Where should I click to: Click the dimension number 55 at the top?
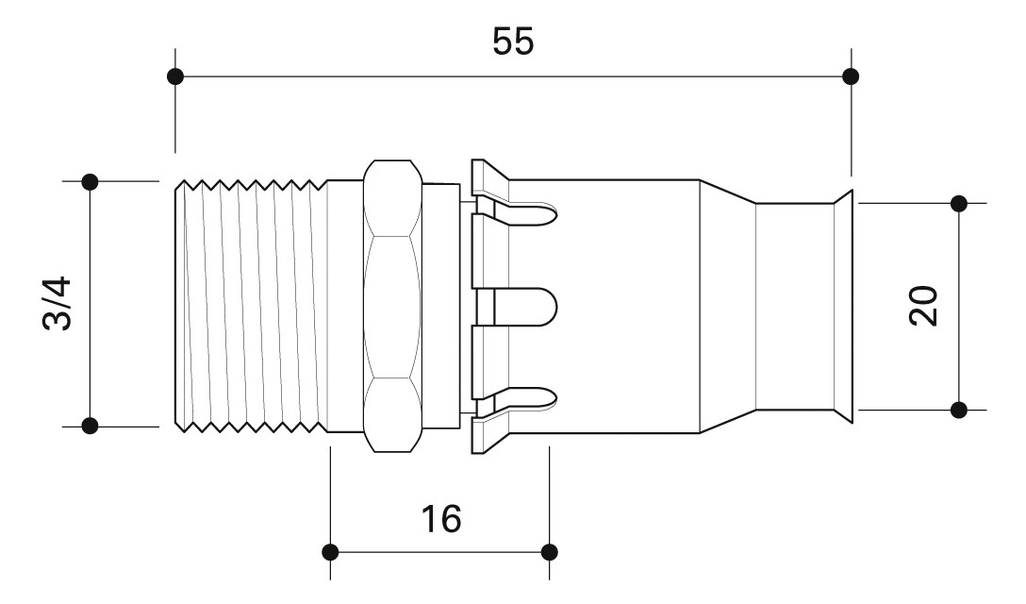(512, 41)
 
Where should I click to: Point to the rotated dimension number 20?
(925, 305)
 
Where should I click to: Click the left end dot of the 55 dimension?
(174, 75)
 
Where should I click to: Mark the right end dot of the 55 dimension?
(851, 75)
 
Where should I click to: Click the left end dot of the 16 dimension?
(330, 551)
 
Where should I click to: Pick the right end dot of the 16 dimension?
(550, 551)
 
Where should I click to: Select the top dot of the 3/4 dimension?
(90, 180)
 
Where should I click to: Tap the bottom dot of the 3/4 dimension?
(90, 426)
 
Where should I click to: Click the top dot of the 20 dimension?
(959, 203)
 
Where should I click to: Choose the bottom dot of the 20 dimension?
(959, 410)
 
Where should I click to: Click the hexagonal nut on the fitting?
(392, 305)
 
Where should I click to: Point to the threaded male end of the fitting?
(255, 305)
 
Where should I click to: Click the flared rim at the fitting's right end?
(842, 305)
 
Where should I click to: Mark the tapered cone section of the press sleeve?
(726, 305)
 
